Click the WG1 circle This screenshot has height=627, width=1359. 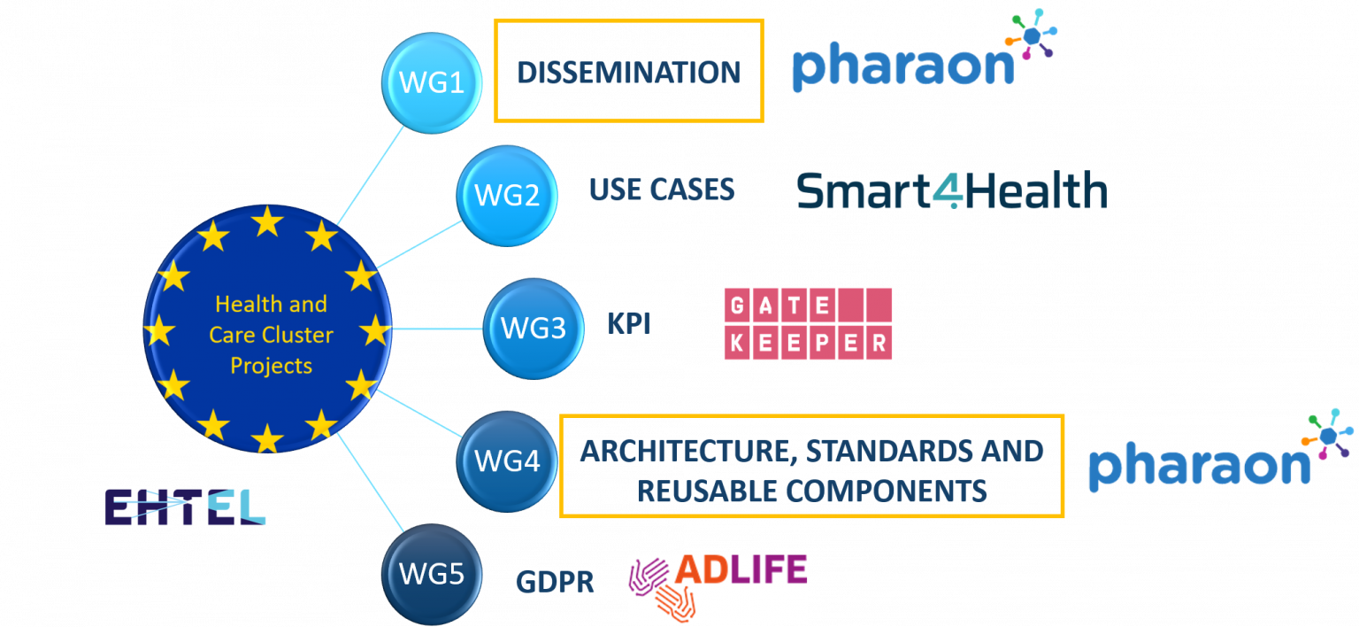tap(432, 82)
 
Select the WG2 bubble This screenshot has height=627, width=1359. tap(507, 196)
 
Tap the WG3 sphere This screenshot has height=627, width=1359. tap(534, 329)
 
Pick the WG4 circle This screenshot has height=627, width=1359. tap(507, 461)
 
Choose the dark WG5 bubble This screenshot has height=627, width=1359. tap(432, 574)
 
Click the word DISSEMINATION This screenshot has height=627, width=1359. tap(628, 73)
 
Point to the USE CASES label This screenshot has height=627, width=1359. tap(662, 190)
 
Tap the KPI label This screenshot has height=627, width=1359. tap(629, 324)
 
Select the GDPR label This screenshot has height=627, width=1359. tap(555, 582)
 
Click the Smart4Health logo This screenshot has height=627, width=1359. tap(952, 190)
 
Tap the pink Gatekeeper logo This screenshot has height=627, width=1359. tap(808, 324)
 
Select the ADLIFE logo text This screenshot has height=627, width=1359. tap(741, 569)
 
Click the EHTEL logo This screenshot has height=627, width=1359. tap(185, 507)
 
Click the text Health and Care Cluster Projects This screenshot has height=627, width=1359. tap(271, 335)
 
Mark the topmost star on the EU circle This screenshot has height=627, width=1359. tap(267, 221)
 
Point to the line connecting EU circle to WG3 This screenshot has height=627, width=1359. tap(437, 329)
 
